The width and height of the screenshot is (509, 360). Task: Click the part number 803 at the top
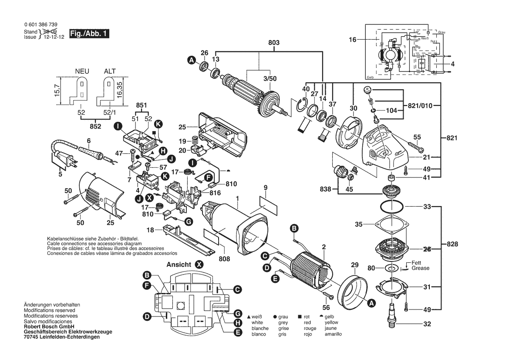(x=274, y=43)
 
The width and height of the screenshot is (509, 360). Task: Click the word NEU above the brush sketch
(x=82, y=71)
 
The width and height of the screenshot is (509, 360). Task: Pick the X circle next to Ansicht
(x=199, y=264)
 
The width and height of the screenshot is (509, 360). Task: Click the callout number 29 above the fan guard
(x=354, y=265)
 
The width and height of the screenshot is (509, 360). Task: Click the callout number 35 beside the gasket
(x=358, y=225)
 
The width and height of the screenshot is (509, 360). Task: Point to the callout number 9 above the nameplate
(x=265, y=188)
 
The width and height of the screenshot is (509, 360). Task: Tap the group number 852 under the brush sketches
(x=95, y=126)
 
